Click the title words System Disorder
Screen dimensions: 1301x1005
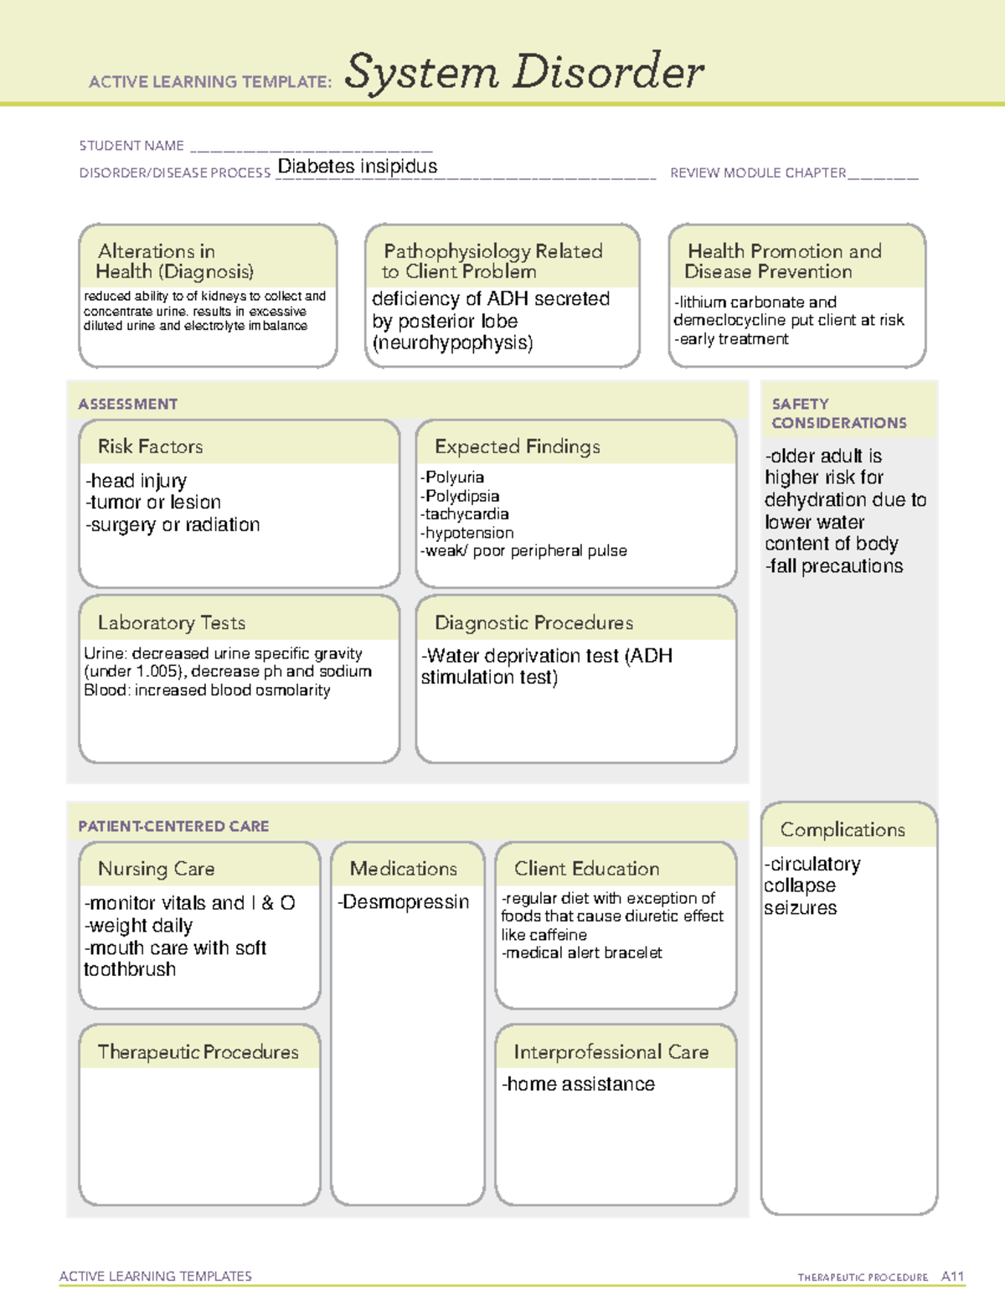tap(524, 72)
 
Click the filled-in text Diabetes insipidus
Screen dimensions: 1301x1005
tap(358, 167)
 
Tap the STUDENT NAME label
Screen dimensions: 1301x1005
tap(131, 146)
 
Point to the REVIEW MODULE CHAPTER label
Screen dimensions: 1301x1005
tap(758, 173)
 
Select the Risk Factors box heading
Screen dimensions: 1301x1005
tap(151, 447)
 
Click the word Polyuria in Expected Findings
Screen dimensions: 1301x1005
tap(455, 478)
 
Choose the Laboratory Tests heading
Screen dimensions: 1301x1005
tap(172, 622)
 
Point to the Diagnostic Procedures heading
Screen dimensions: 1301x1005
tap(533, 622)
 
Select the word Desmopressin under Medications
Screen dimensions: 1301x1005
tap(406, 902)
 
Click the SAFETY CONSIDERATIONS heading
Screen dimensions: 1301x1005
tap(838, 414)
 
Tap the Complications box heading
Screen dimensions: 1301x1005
tap(843, 829)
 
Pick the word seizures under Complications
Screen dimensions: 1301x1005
tap(800, 908)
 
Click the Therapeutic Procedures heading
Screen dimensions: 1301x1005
tap(198, 1051)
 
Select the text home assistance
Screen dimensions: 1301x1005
tap(580, 1084)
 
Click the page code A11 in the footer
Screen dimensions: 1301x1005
tap(952, 1277)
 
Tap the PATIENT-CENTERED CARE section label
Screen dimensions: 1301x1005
tap(173, 826)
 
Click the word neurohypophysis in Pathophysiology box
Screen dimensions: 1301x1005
tap(452, 343)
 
